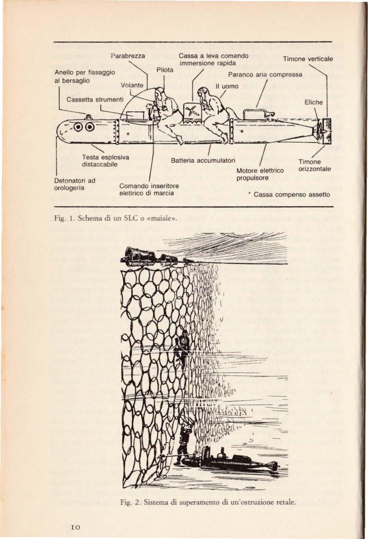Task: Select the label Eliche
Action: (313, 102)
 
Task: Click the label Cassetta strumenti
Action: (90, 99)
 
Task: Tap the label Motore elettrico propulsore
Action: (260, 174)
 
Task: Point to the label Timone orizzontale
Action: (314, 166)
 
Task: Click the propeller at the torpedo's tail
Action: (324, 131)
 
